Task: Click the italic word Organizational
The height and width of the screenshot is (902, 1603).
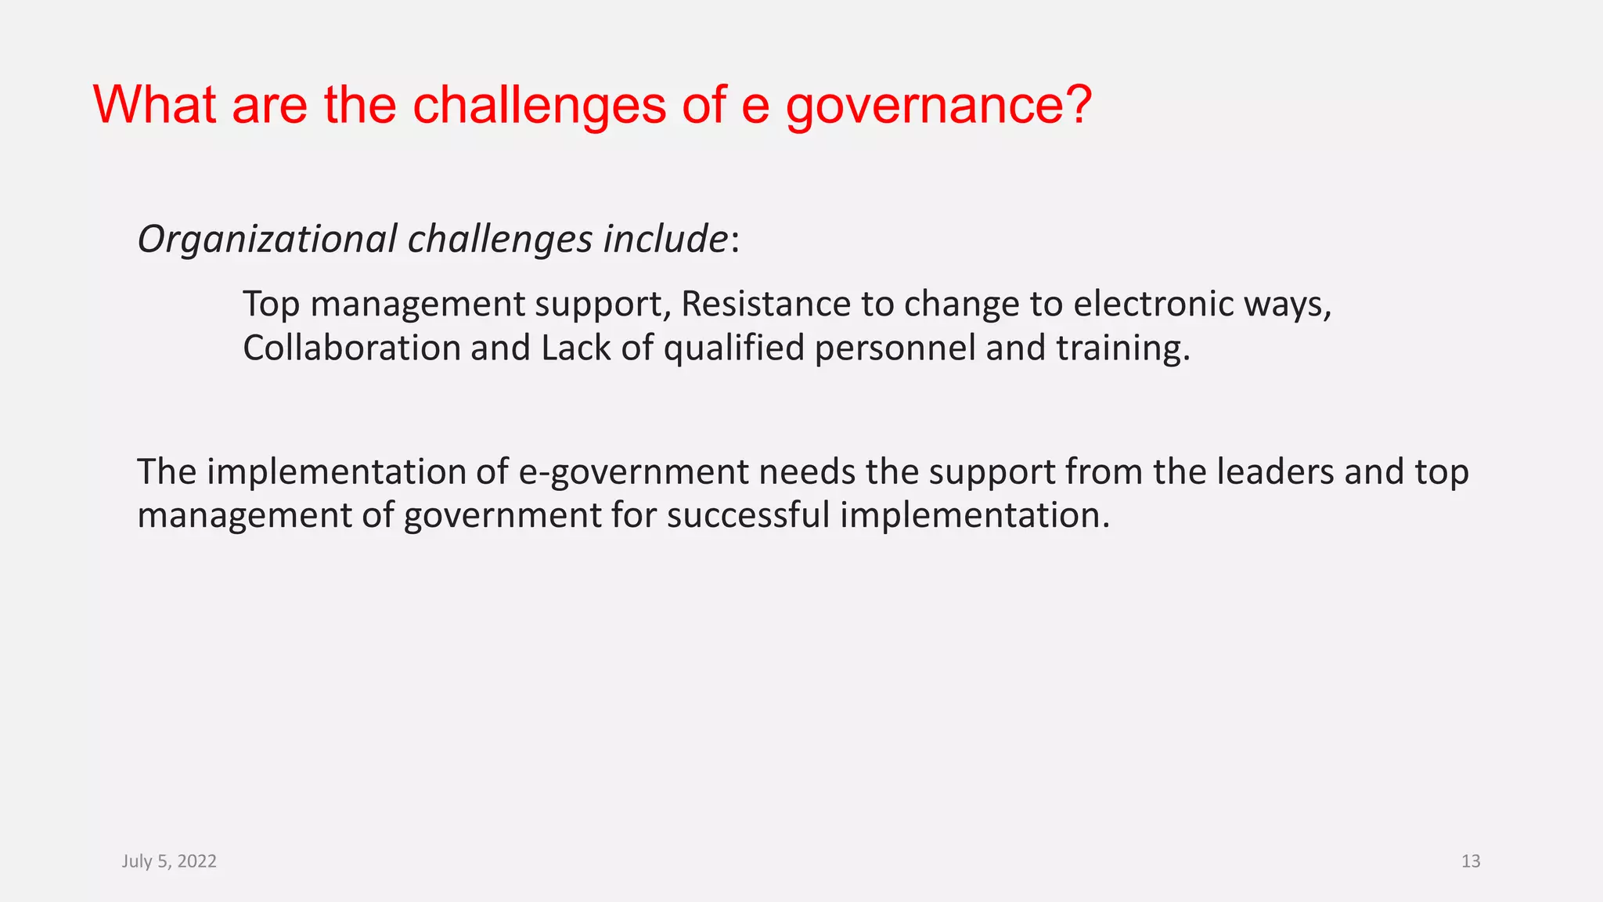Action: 267,239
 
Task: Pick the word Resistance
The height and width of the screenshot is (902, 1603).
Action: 765,304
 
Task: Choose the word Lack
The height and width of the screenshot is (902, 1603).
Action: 575,348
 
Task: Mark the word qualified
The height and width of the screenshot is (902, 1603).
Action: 733,349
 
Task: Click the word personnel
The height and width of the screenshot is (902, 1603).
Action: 895,349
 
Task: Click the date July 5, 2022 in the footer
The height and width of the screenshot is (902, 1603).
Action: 169,861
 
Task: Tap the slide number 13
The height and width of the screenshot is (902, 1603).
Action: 1471,861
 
